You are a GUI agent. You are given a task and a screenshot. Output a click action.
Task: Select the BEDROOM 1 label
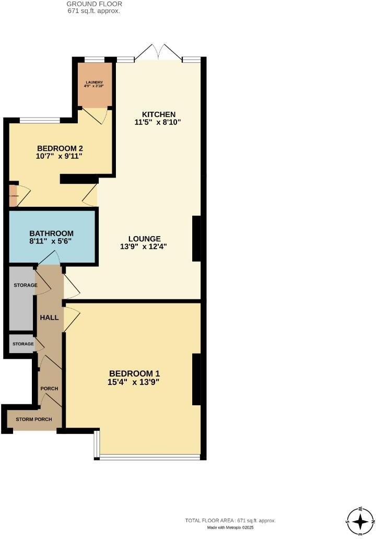(x=134, y=373)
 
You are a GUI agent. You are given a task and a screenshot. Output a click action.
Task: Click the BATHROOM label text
(x=51, y=233)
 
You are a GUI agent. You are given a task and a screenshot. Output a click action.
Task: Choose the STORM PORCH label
(x=33, y=419)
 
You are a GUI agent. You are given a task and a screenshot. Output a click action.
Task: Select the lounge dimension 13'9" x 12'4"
(x=144, y=247)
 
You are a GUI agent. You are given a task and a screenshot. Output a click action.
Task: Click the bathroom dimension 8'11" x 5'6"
(x=51, y=242)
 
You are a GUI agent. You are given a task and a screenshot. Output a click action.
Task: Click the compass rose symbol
(x=360, y=521)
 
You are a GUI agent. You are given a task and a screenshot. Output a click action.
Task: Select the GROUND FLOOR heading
(x=94, y=4)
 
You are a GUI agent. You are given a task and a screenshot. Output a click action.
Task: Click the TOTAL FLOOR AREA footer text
(x=230, y=521)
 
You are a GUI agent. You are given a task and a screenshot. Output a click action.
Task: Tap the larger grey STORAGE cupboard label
(x=25, y=286)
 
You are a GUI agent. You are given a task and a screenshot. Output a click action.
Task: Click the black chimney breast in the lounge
(x=196, y=239)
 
